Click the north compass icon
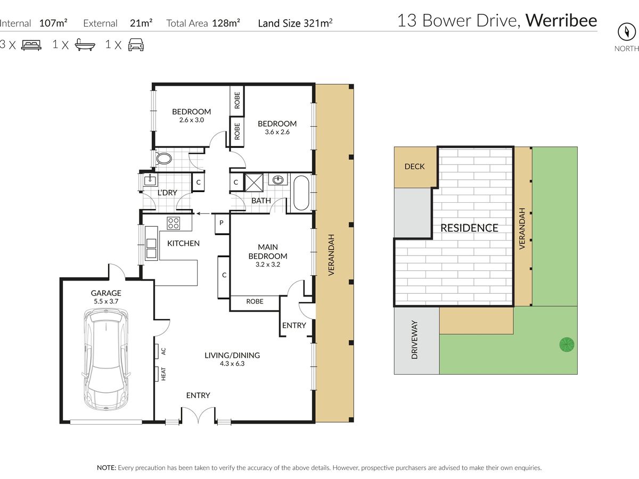626,32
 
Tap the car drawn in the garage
106,359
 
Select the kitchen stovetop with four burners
173,224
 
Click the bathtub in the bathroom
301,193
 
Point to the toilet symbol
163,159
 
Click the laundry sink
150,180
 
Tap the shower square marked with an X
254,183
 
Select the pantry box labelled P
222,224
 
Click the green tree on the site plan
567,345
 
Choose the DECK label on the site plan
414,167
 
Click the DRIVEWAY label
414,340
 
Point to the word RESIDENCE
469,228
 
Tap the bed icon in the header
31,45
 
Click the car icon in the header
136,45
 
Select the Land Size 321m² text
295,23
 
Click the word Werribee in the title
561,20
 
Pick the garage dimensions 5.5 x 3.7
106,301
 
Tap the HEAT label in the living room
163,374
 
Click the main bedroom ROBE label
255,301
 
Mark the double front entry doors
198,415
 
